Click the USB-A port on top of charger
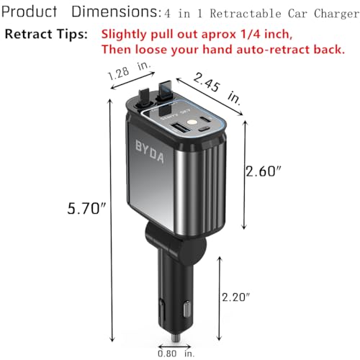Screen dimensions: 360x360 [179, 129]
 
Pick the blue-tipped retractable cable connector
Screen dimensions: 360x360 [163, 91]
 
